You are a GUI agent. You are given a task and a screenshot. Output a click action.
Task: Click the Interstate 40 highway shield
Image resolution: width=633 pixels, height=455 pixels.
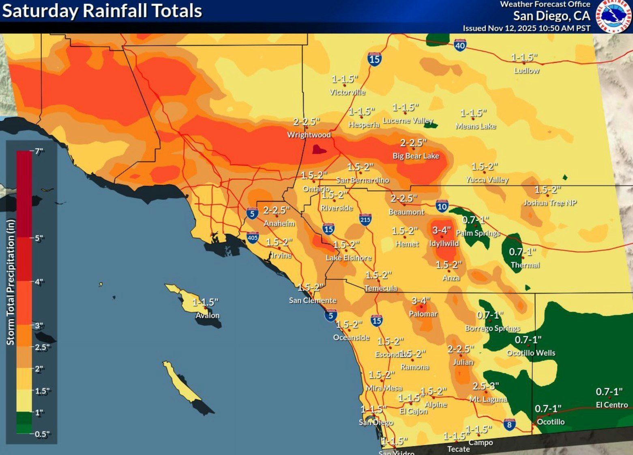tap(460, 45)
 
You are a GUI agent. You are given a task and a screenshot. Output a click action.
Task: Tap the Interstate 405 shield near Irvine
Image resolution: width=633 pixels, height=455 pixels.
tap(252, 237)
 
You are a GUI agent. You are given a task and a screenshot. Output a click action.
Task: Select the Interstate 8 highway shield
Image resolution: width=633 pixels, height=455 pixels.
tap(509, 425)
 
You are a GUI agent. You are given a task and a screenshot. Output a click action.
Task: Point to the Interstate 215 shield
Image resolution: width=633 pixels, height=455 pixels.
tap(365, 220)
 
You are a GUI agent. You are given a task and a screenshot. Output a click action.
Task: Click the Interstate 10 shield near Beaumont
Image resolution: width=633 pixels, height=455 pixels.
tap(442, 206)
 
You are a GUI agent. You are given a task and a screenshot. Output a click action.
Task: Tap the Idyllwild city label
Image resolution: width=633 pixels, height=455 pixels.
tap(444, 244)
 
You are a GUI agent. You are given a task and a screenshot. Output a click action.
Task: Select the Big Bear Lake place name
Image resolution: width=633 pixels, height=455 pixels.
tap(416, 156)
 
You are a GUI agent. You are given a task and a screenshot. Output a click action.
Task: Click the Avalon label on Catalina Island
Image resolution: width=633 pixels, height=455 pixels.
tap(207, 315)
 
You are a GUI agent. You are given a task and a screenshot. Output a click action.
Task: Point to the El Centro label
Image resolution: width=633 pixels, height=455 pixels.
tap(612, 405)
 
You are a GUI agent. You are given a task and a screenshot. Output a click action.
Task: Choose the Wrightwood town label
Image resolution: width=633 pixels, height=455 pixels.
tap(309, 135)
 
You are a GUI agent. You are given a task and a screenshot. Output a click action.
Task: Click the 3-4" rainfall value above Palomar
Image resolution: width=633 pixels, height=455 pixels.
tap(421, 301)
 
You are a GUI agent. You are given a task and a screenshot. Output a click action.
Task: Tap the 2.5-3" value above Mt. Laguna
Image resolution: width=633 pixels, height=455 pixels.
tap(485, 386)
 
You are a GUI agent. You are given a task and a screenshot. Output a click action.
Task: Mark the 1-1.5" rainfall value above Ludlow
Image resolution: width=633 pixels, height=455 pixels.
tap(524, 58)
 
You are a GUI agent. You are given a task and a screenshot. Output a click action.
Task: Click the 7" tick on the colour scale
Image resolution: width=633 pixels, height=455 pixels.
tap(39, 151)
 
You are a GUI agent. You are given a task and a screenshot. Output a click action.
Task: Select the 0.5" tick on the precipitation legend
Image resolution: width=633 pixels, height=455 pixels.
tap(42, 434)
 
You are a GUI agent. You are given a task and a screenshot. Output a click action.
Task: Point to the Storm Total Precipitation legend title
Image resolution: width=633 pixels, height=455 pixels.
tap(10, 282)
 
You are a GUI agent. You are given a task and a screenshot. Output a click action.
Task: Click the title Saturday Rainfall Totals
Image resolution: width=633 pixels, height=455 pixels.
tap(102, 11)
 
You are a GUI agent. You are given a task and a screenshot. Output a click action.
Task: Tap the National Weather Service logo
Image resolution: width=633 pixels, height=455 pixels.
tap(613, 16)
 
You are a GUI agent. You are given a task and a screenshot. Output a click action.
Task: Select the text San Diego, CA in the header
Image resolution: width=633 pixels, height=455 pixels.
tap(551, 16)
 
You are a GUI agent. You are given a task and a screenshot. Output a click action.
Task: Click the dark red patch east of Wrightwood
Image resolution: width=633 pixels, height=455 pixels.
tap(319, 150)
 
